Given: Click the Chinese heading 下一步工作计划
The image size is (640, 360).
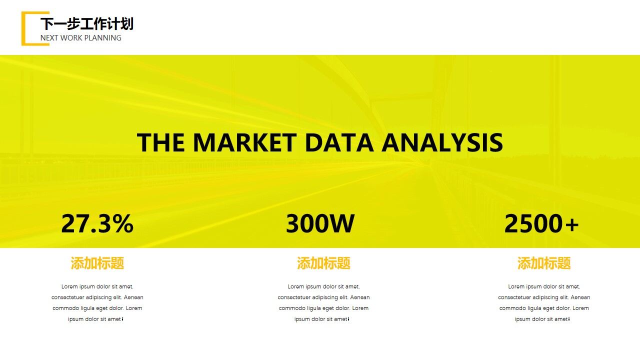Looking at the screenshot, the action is pyautogui.click(x=87, y=23).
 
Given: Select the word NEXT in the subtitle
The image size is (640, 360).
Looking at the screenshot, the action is pyautogui.click(x=49, y=37).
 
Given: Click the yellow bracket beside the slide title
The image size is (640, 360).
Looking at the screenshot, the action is pyautogui.click(x=23, y=28).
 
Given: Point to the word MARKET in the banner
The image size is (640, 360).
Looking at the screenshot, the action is pyautogui.click(x=245, y=142).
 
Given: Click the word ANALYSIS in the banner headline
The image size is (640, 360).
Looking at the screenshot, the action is pyautogui.click(x=442, y=142).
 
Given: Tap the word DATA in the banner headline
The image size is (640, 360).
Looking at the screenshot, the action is pyautogui.click(x=339, y=142).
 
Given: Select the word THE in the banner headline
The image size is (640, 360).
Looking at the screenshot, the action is pyautogui.click(x=161, y=142).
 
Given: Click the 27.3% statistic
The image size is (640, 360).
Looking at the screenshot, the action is pyautogui.click(x=97, y=223).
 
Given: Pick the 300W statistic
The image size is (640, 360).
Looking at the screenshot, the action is pyautogui.click(x=320, y=223).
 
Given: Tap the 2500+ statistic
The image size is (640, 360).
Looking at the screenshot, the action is pyautogui.click(x=541, y=223).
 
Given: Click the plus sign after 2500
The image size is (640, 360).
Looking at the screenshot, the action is pyautogui.click(x=572, y=224).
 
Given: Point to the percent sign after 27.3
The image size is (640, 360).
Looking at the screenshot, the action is pyautogui.click(x=122, y=223).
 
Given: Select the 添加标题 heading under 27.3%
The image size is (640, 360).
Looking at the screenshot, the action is pyautogui.click(x=97, y=263).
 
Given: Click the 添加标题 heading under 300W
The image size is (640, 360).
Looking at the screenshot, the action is pyautogui.click(x=323, y=263).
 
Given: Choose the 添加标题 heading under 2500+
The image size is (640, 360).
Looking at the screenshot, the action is pyautogui.click(x=544, y=263).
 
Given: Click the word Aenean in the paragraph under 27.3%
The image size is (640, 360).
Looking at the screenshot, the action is pyautogui.click(x=133, y=297).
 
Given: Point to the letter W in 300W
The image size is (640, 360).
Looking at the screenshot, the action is pyautogui.click(x=342, y=223).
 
